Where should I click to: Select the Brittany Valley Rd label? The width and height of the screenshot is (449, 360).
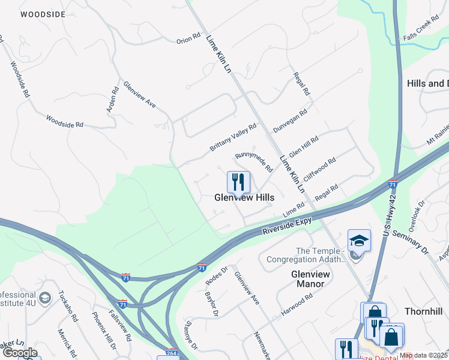(x=233, y=138)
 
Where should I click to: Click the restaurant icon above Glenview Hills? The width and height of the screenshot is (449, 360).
(x=238, y=182)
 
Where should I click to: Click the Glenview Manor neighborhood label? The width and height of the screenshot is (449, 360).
(x=310, y=279)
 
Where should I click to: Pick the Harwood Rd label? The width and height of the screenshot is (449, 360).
(x=297, y=305)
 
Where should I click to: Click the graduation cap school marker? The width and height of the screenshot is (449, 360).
(x=359, y=241)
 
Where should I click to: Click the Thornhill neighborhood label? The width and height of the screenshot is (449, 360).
(x=423, y=311)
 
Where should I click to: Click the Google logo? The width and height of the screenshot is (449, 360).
(x=20, y=353)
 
